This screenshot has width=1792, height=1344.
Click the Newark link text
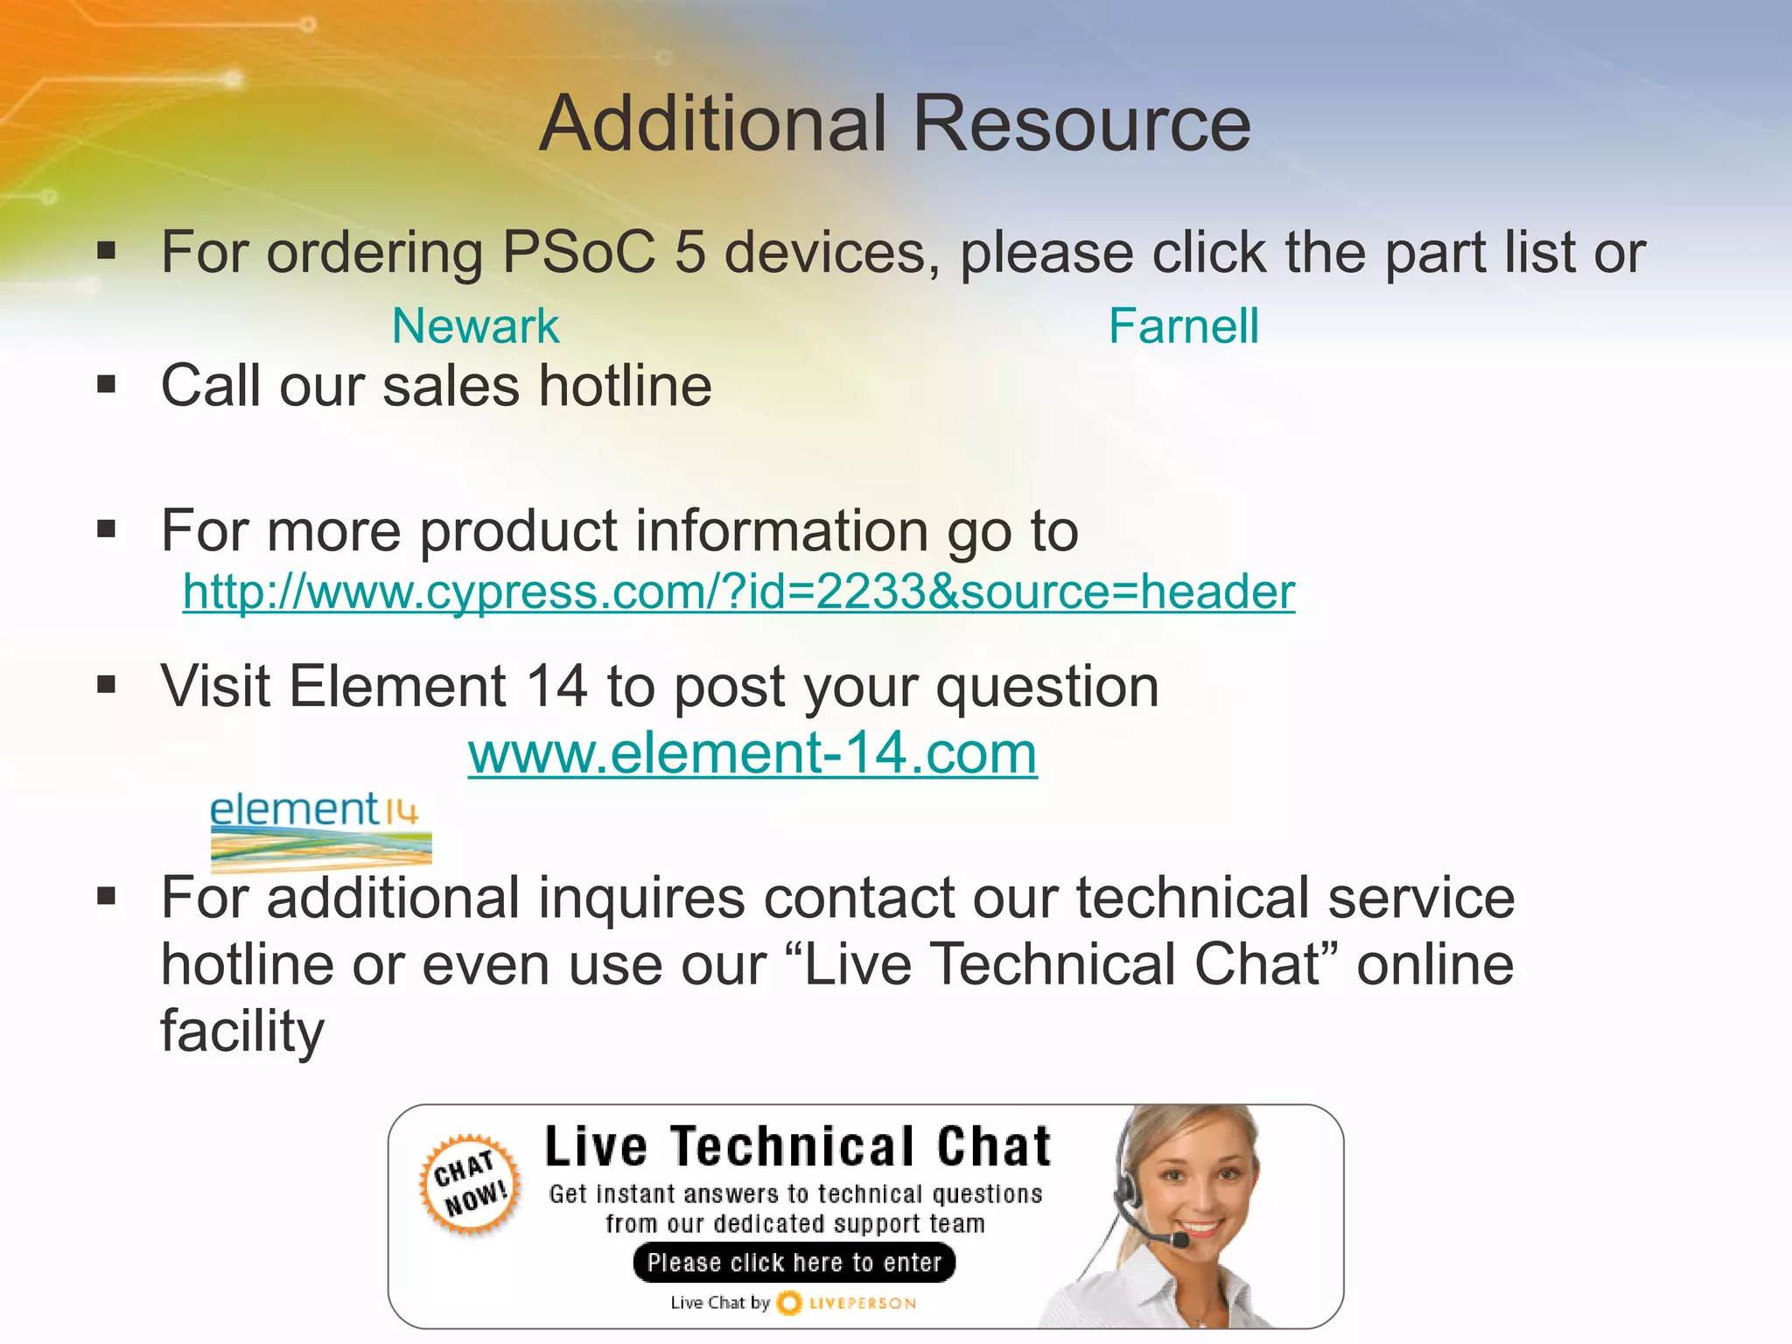[x=475, y=326]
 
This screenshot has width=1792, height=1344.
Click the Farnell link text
[x=1183, y=326]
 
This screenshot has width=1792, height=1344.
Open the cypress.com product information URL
[x=738, y=591]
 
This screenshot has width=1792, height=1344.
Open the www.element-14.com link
[x=752, y=752]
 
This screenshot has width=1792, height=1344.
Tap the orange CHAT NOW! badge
[x=471, y=1184]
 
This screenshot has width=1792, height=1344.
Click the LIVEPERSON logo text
[x=862, y=1304]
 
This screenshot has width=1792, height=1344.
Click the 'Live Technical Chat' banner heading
[x=797, y=1147]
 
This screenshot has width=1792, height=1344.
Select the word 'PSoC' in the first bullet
[x=578, y=253]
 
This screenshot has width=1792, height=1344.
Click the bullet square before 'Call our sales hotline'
[x=107, y=384]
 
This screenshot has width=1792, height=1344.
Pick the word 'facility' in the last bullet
[x=242, y=1031]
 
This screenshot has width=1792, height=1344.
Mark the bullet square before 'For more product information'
[x=107, y=529]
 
